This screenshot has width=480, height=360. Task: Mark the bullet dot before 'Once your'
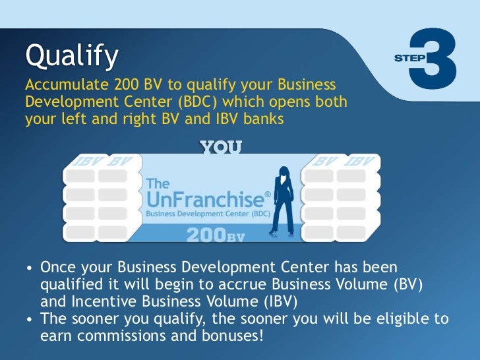pyautogui.click(x=30, y=270)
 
